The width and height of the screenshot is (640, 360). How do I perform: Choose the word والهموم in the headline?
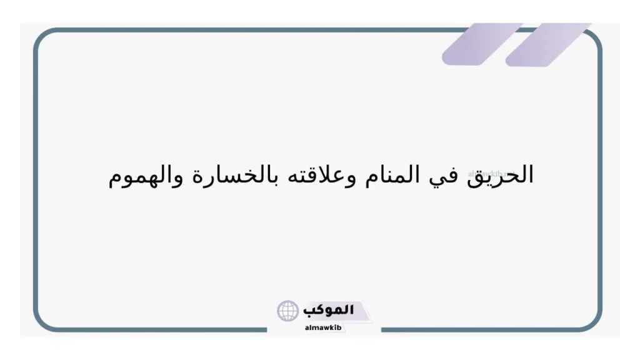(145, 177)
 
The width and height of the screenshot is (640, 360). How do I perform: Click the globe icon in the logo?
(288, 311)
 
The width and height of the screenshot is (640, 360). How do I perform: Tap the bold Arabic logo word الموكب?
(329, 310)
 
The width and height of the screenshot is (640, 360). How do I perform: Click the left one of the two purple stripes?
(482, 44)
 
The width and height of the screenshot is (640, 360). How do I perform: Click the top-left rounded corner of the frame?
(42, 37)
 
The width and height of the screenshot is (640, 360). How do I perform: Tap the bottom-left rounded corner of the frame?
(42, 322)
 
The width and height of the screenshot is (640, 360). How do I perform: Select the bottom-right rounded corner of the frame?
(594, 322)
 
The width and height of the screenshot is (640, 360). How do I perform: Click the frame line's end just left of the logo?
(267, 329)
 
